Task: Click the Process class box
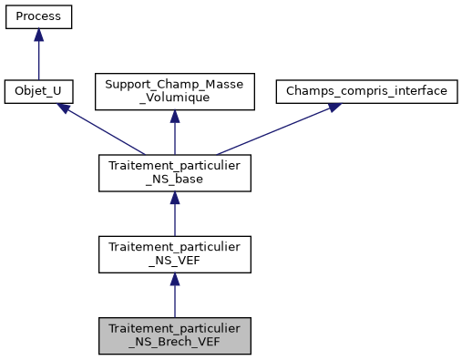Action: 38,17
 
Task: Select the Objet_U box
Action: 38,92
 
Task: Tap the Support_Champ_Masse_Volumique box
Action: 174,92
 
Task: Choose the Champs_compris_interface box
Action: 365,92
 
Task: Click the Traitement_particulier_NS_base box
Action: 174,173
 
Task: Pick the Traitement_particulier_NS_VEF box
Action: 174,254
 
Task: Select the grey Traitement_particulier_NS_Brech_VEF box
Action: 174,335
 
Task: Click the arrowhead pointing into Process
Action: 38,35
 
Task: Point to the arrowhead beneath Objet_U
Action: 65,108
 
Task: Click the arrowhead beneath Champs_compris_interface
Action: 333,108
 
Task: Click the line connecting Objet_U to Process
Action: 38,59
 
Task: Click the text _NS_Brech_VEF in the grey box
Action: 174,343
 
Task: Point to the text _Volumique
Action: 174,99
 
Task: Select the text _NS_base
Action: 174,180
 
